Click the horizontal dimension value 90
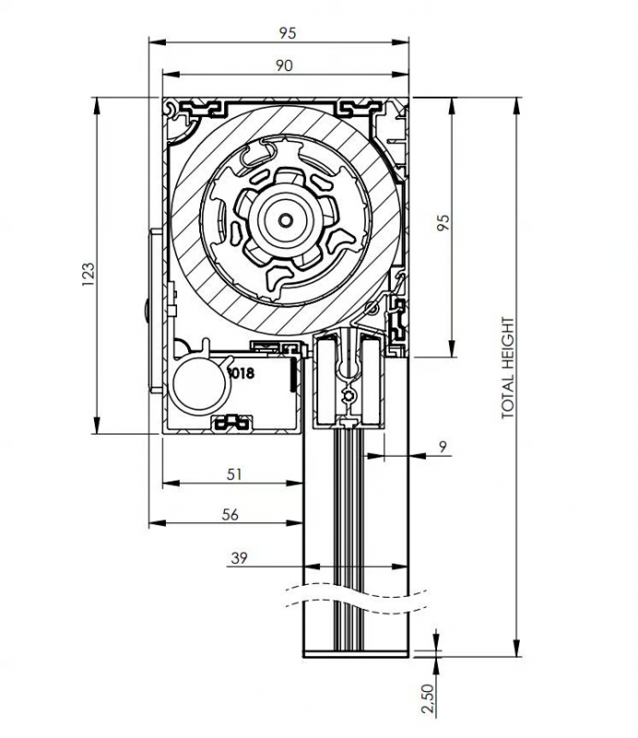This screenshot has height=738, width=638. click(284, 65)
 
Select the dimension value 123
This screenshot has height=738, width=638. click(88, 274)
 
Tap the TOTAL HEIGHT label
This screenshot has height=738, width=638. click(508, 368)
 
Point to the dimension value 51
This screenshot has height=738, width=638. click(234, 474)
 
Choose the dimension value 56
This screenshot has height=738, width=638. click(230, 515)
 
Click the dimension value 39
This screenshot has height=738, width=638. click(239, 558)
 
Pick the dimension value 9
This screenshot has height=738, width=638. click(443, 447)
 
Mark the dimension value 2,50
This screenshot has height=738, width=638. click(427, 698)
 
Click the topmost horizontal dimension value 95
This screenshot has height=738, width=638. click(288, 33)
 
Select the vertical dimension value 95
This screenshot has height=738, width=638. click(443, 222)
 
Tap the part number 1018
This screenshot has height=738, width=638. click(241, 374)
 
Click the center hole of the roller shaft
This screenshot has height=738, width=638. click(285, 220)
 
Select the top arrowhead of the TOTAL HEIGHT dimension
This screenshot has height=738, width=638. click(516, 106)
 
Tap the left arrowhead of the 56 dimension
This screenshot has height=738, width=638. click(158, 523)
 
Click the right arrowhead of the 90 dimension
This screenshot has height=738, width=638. click(400, 75)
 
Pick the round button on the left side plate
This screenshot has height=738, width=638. click(147, 311)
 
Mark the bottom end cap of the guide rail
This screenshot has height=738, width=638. click(356, 654)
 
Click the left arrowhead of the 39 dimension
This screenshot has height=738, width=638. click(312, 566)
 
